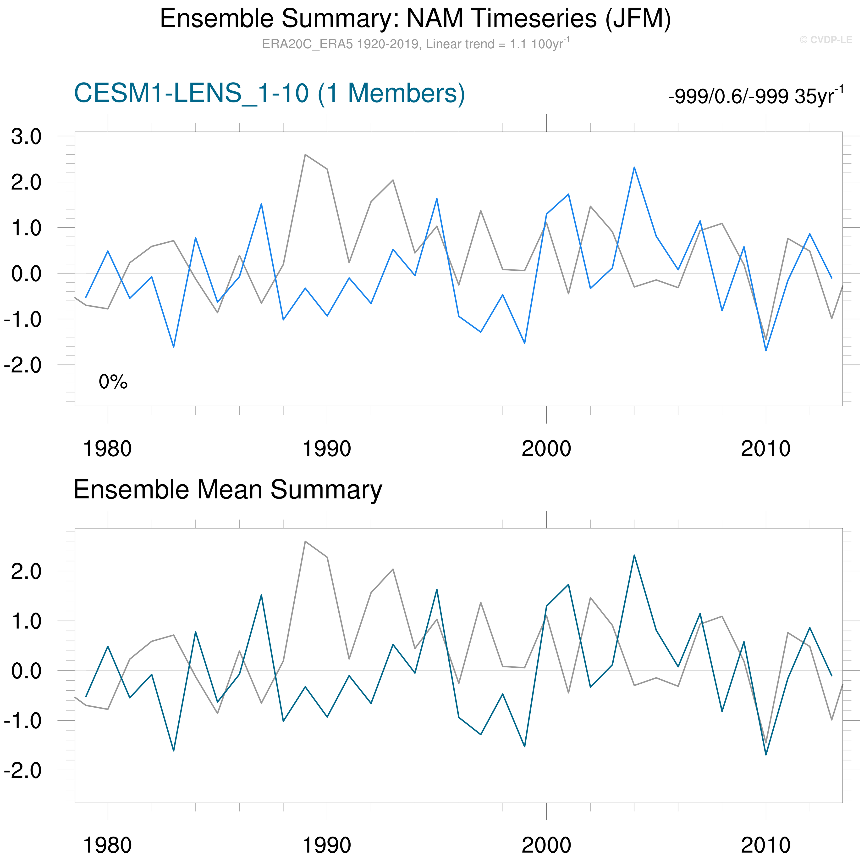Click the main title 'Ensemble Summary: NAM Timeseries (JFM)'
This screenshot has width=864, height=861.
pos(415,19)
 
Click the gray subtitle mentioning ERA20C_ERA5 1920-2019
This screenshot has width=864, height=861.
pos(415,44)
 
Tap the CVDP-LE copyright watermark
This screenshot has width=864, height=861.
pos(825,40)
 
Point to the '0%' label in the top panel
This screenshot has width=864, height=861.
pos(113,382)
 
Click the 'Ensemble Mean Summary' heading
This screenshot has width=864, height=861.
pos(228,490)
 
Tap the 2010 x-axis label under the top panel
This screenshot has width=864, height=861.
pos(766,448)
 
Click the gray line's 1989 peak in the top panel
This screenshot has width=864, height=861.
pos(305,155)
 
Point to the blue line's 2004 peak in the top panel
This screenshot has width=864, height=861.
pos(634,167)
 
